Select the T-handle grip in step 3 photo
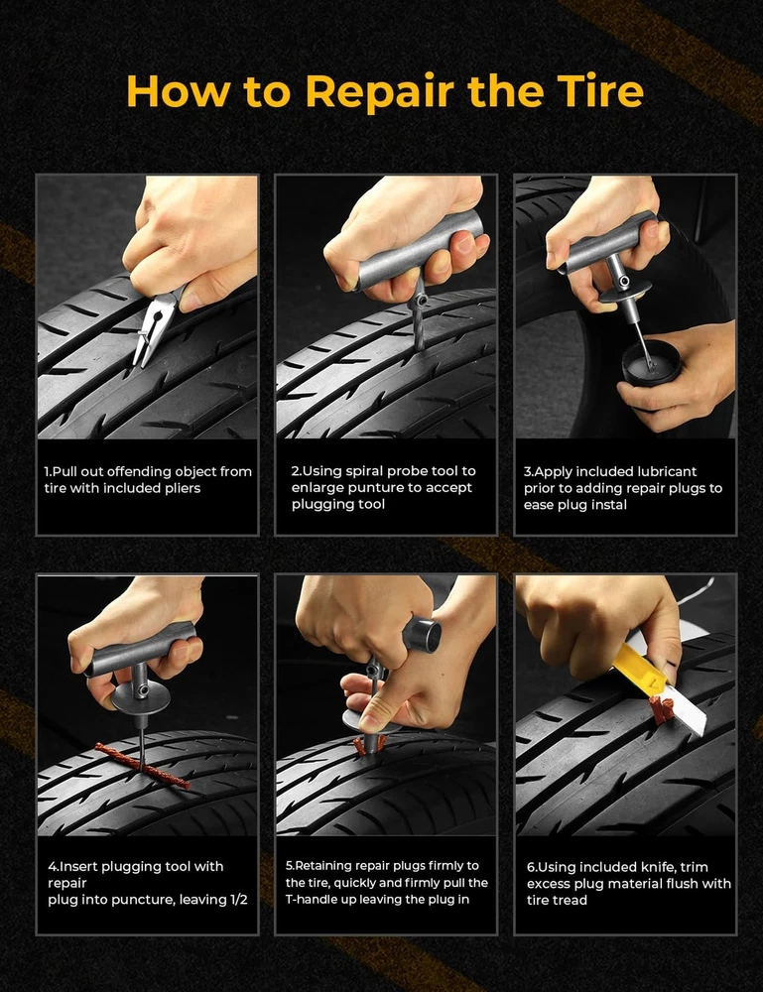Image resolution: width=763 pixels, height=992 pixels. [608, 244]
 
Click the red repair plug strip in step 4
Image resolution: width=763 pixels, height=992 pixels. [142, 766]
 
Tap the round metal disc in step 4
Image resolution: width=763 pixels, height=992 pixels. [141, 697]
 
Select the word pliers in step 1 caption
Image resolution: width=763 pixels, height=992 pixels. [181, 488]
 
